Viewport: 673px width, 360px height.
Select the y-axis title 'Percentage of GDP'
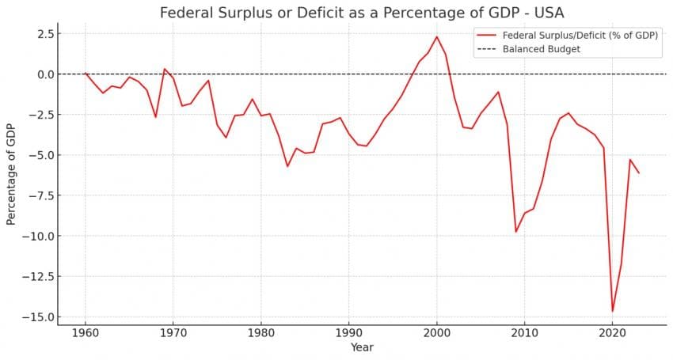tap(11, 175)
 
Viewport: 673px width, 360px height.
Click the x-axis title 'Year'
tap(362, 347)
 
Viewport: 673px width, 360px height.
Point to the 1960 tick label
tap(86, 333)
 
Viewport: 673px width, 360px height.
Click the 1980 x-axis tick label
tap(260, 333)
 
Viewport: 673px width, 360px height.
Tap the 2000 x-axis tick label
tap(436, 333)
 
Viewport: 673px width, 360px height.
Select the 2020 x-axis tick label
tap(612, 333)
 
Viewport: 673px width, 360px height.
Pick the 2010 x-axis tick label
tap(524, 333)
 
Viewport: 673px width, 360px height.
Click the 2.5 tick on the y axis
tap(45, 34)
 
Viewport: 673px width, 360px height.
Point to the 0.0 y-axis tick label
tap(45, 74)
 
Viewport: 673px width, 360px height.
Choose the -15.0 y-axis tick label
tap(39, 317)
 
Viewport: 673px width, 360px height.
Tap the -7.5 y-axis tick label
tap(41, 195)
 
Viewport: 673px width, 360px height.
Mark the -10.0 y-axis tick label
tap(39, 236)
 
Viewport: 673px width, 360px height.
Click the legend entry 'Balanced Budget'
tap(542, 49)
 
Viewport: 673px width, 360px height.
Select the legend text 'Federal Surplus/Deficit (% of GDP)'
tap(581, 35)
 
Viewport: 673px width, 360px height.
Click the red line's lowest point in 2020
tap(612, 311)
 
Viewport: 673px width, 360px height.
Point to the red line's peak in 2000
tap(436, 36)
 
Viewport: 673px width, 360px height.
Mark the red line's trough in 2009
tap(515, 232)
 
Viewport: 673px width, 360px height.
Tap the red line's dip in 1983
tap(287, 166)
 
